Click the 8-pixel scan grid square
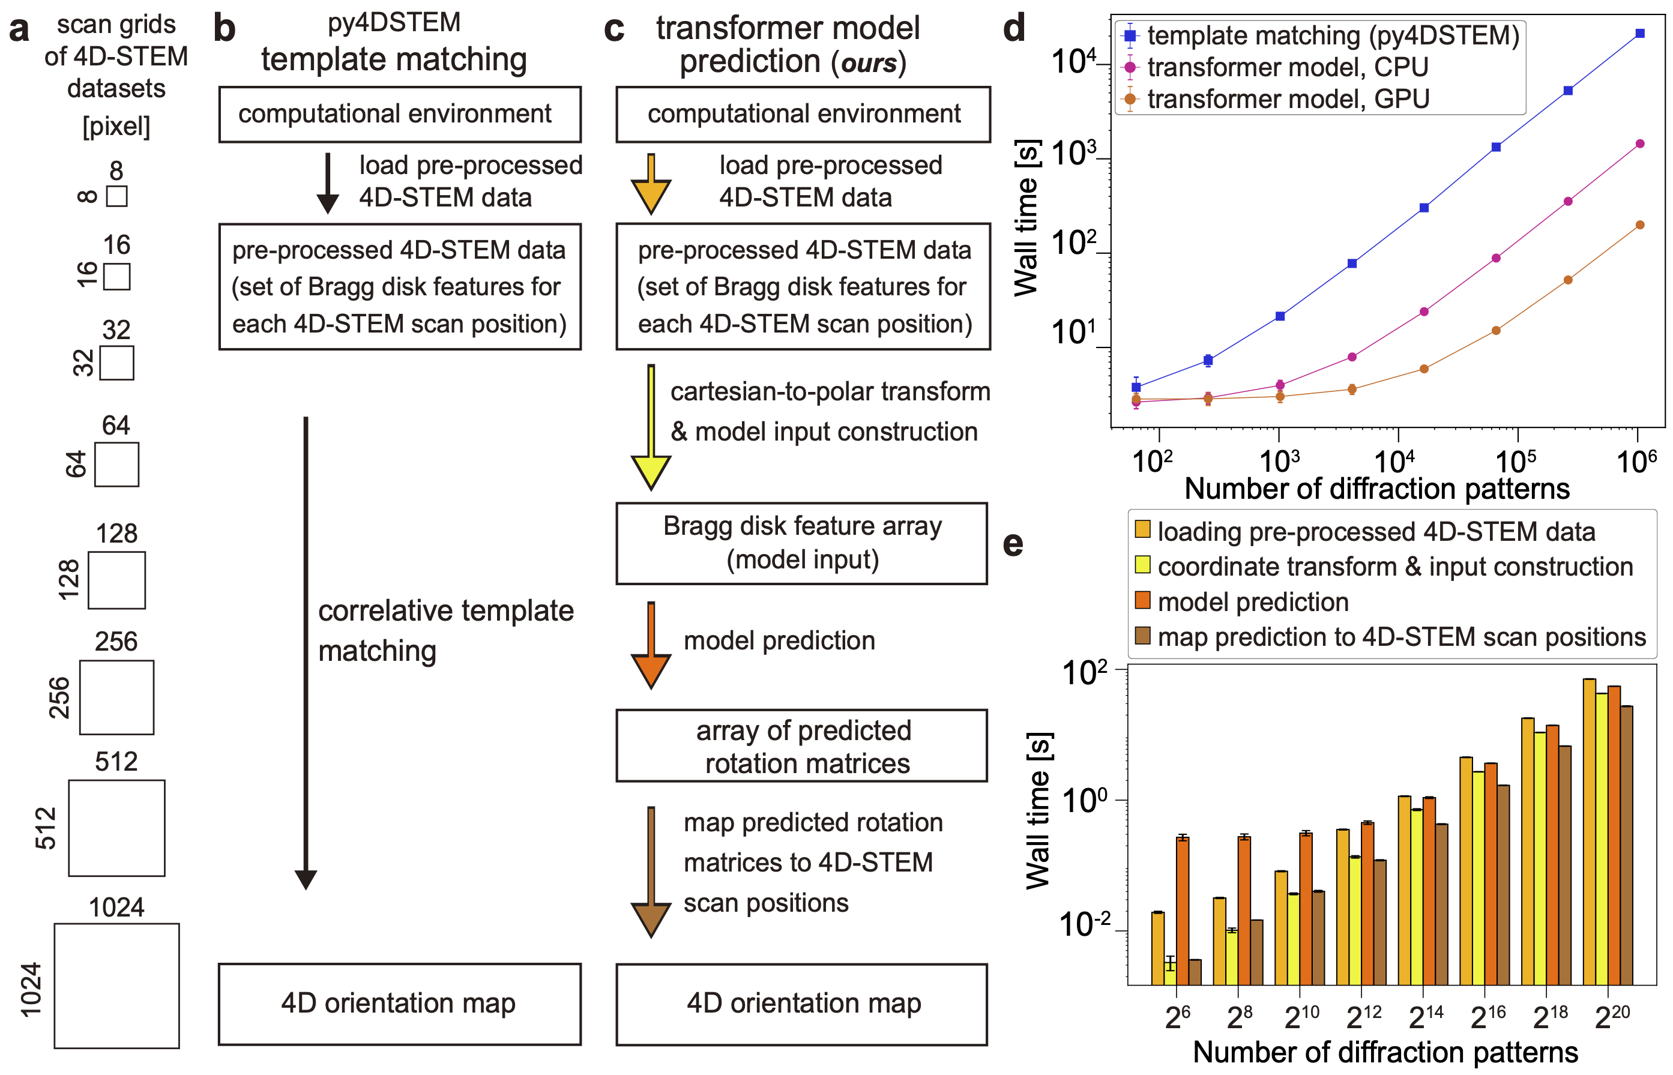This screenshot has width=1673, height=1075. (x=116, y=196)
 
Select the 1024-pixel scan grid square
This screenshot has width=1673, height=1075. (x=116, y=985)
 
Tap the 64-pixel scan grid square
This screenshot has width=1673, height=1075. (x=116, y=464)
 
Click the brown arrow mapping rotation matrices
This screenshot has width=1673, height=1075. (x=651, y=873)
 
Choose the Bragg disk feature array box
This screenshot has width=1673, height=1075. (x=801, y=543)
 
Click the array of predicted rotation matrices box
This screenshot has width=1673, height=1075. (x=801, y=745)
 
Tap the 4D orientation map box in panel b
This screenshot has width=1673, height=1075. (x=399, y=1004)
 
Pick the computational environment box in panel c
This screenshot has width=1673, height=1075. (x=803, y=115)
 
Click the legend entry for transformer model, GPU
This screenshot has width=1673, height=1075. (x=1288, y=98)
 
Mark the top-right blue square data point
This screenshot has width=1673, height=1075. (x=1640, y=34)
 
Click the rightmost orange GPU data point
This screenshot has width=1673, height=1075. (x=1640, y=224)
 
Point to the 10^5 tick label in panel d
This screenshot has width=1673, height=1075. (x=1516, y=462)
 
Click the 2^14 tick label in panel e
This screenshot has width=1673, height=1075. (x=1425, y=1017)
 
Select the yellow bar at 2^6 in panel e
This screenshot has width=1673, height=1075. (x=1171, y=973)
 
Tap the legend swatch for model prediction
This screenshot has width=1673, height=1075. (x=1142, y=600)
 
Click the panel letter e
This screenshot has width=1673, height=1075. (x=1013, y=544)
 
